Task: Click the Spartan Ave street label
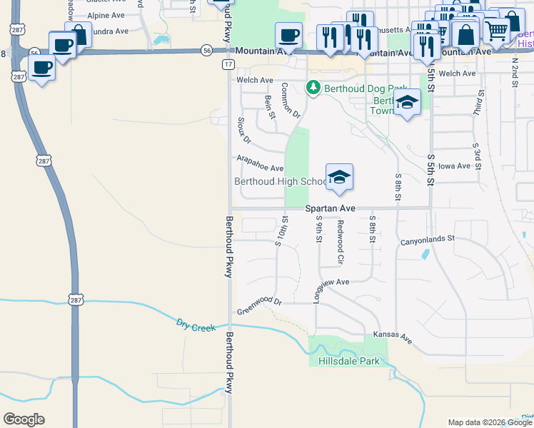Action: [330, 208]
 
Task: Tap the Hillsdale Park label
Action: [349, 361]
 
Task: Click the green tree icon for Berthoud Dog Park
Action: [313, 88]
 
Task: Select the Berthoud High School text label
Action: [280, 181]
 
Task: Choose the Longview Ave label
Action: [328, 282]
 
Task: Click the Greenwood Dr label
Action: [259, 306]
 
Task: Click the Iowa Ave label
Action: [455, 166]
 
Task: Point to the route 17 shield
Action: [228, 64]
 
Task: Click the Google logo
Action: [24, 419]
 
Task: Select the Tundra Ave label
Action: [107, 31]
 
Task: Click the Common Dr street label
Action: [291, 100]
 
